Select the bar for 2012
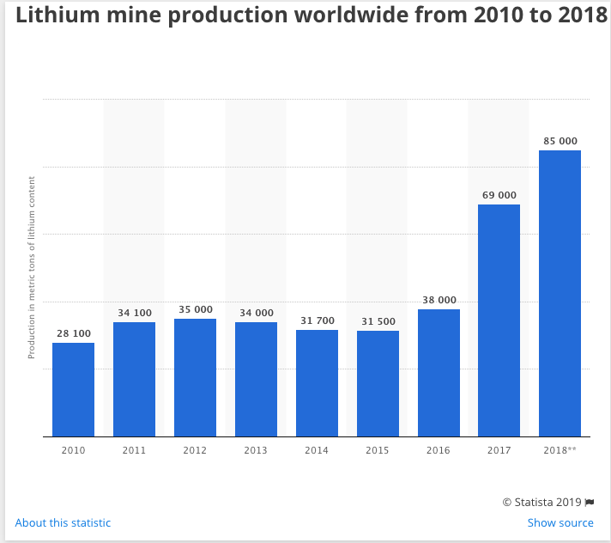[x=195, y=377]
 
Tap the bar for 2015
[x=378, y=383]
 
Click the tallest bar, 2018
[x=560, y=293]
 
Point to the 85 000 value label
[x=560, y=141]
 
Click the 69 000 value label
[x=499, y=195]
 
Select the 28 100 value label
[x=73, y=333]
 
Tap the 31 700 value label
[x=317, y=320]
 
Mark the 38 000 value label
[x=439, y=300]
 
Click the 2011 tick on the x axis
[x=134, y=449]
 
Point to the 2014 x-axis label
[x=317, y=449]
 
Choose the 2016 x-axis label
[x=439, y=449]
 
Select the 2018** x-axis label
[x=560, y=449]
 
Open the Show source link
[x=560, y=522]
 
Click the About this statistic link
[x=63, y=522]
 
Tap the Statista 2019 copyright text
[x=541, y=502]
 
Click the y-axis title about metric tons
[x=32, y=267]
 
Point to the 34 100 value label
[x=134, y=313]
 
